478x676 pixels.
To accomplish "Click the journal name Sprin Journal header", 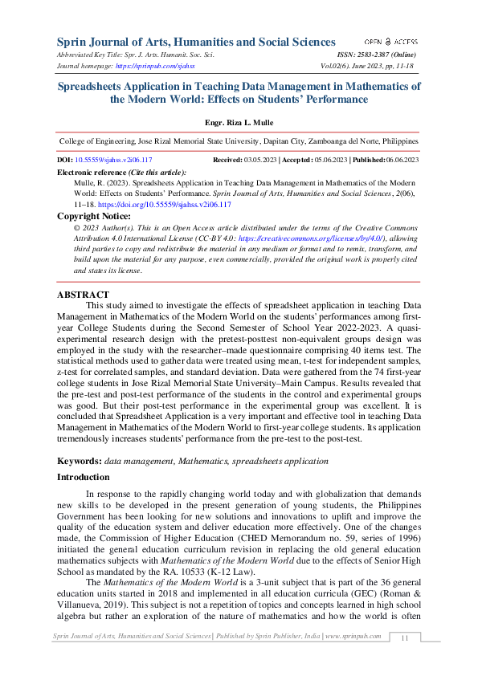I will (196, 42).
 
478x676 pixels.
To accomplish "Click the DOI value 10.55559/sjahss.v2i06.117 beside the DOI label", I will (114, 161).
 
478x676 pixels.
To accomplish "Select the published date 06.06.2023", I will (402, 161).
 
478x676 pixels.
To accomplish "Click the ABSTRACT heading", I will (83, 295).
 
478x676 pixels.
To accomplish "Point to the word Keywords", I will (79, 462).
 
